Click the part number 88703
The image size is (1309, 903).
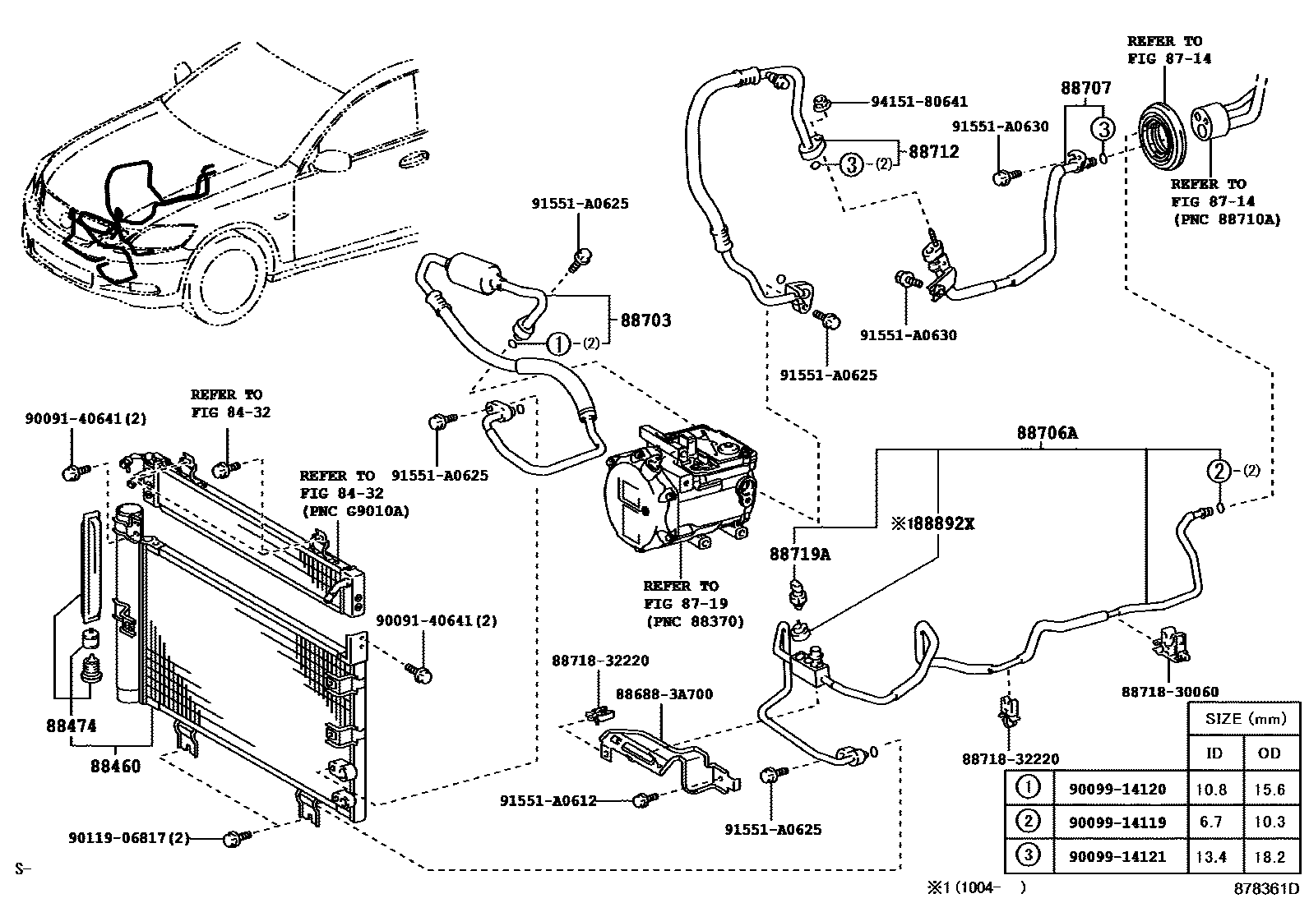(x=645, y=320)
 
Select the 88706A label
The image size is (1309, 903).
(x=1046, y=434)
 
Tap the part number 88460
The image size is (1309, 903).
(x=115, y=767)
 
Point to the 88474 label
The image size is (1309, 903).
(x=71, y=726)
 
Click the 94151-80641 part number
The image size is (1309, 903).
(x=919, y=102)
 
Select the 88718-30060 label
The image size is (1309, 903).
(x=1169, y=693)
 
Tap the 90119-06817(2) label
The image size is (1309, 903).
(x=129, y=838)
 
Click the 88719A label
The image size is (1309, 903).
(x=800, y=555)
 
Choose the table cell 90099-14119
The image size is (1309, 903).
(x=1117, y=822)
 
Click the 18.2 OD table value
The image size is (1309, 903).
(x=1270, y=857)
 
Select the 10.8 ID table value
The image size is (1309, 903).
(x=1210, y=790)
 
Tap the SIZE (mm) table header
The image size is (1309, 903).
(x=1245, y=718)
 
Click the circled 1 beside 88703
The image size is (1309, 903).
(x=558, y=343)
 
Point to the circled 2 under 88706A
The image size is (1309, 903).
(x=1218, y=471)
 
